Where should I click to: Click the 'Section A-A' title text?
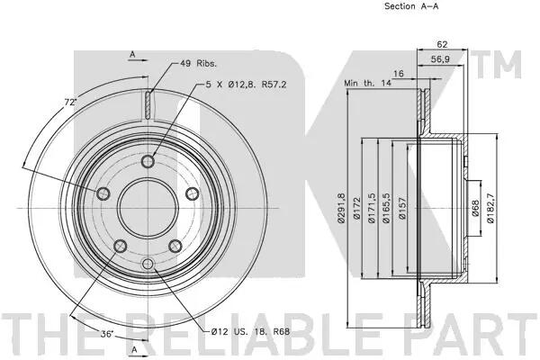coord(411,6)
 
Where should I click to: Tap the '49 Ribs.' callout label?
coord(198,63)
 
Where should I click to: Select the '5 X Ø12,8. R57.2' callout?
coord(247,85)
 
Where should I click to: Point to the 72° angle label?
coord(70,102)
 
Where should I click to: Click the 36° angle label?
coord(107,334)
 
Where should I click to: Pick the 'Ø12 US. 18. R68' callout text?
coord(250,332)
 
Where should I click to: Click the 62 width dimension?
coord(442,44)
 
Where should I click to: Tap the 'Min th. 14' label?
coord(367,83)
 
